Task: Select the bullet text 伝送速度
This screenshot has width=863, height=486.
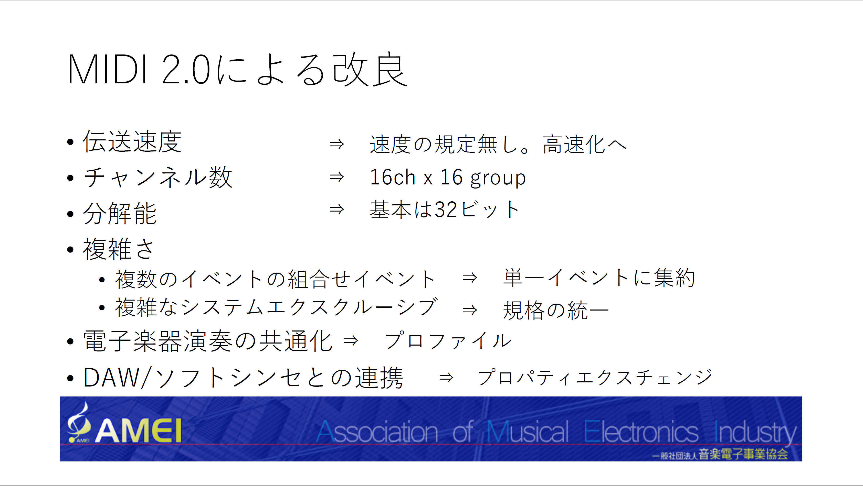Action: coord(132,142)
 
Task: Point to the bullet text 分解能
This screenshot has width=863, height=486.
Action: coord(120,213)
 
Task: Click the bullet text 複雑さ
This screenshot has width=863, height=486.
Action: coord(118,249)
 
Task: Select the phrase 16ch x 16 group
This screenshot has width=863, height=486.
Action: coord(448,178)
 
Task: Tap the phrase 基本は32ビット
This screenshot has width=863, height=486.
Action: coord(445,209)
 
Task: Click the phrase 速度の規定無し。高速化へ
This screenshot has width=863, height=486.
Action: coord(498,144)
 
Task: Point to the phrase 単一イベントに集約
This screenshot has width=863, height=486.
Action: coord(599,278)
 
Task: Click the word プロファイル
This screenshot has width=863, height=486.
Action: coord(448,341)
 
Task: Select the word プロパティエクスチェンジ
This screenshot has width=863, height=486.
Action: coord(595,377)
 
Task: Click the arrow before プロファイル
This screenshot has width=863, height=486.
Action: coord(351,341)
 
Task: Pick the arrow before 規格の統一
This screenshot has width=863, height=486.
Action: coord(470,310)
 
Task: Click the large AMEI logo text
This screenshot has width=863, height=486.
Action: coord(138,431)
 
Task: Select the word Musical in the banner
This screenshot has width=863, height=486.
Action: coord(528,432)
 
